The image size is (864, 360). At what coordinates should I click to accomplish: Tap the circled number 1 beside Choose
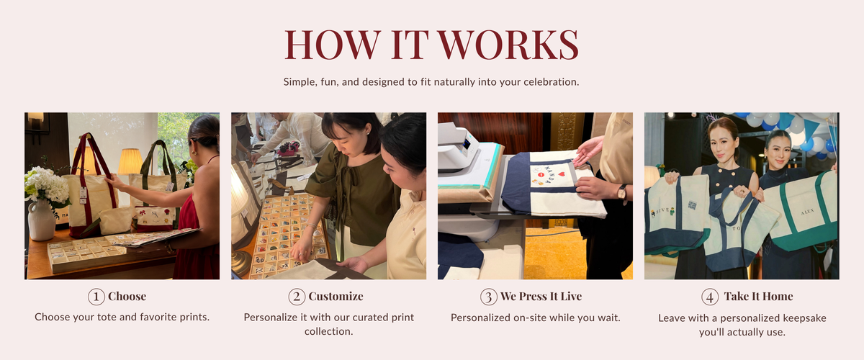pyautogui.click(x=96, y=297)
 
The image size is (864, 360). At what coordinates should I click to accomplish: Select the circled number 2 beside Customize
pyautogui.click(x=297, y=297)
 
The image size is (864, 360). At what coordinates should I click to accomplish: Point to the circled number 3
pyautogui.click(x=488, y=297)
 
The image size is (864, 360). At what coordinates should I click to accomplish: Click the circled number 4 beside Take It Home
pyautogui.click(x=710, y=297)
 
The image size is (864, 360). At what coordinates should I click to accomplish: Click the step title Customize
pyautogui.click(x=336, y=297)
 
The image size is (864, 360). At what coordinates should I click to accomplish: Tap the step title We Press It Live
pyautogui.click(x=541, y=297)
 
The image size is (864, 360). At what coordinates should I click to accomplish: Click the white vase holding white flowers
pyautogui.click(x=41, y=220)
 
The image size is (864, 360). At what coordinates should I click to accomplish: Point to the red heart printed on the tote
pyautogui.click(x=562, y=174)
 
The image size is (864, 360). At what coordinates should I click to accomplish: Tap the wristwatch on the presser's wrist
pyautogui.click(x=621, y=192)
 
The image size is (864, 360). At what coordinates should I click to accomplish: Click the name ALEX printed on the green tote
pyautogui.click(x=807, y=212)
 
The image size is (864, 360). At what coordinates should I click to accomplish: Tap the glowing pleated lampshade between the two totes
pyautogui.click(x=130, y=161)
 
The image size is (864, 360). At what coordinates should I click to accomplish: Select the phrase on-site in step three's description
pyautogui.click(x=533, y=318)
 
